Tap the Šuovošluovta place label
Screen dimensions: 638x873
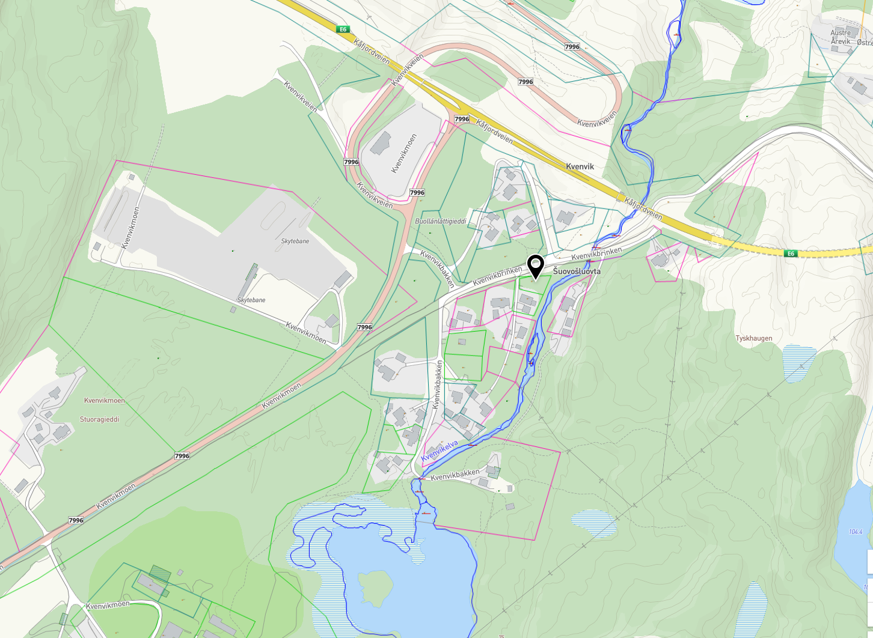[x=577, y=272]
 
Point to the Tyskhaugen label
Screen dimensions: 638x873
[x=753, y=338]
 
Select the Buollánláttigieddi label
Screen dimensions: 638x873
[x=441, y=221]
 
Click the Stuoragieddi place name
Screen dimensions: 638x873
[x=99, y=419]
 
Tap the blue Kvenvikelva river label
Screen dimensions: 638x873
[x=440, y=451]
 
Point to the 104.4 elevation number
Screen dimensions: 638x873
[x=856, y=532]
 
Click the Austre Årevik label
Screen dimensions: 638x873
[x=841, y=37]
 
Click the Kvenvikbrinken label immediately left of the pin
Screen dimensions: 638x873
[x=497, y=276]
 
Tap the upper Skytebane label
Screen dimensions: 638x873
[x=295, y=241]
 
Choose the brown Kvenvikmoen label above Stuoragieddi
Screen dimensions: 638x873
[x=105, y=401]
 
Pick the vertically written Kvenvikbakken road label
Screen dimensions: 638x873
[x=438, y=384]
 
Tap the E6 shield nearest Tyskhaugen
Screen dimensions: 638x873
[x=791, y=254]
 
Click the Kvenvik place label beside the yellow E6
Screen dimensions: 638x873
[x=580, y=166]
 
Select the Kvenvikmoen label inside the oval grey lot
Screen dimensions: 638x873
[x=403, y=154]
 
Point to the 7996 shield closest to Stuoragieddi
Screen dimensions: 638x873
[x=182, y=456]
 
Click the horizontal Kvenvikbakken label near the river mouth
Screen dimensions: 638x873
[x=455, y=476]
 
